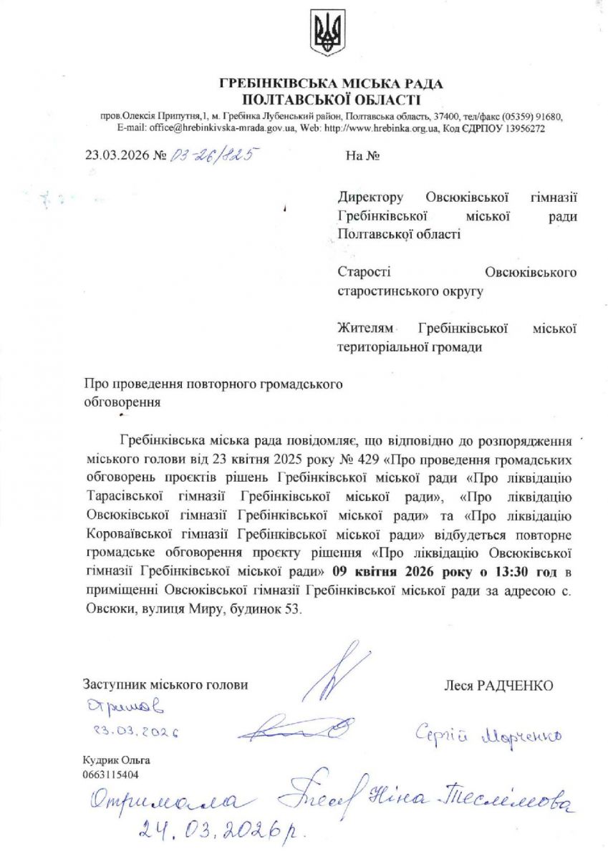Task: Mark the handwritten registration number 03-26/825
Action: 212,155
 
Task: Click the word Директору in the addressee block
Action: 370,196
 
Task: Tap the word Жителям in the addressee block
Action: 365,329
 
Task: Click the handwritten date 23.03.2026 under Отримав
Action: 135,732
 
